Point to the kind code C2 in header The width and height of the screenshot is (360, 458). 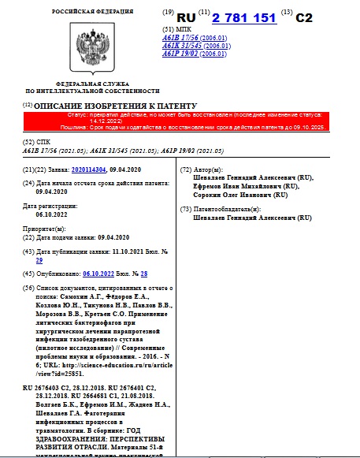(304, 17)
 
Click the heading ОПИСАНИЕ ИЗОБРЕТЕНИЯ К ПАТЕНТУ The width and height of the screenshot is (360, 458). (115, 106)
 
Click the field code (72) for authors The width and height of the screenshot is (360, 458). (187, 169)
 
